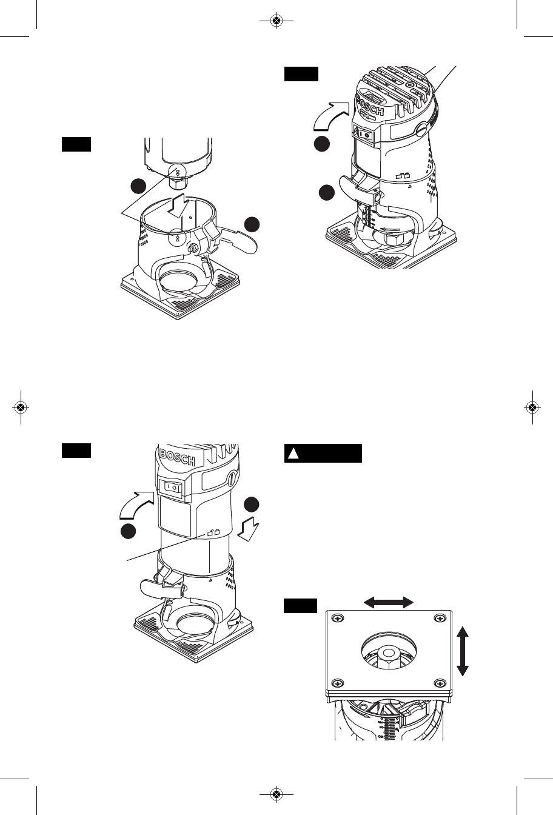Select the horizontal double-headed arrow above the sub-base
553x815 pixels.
click(388, 602)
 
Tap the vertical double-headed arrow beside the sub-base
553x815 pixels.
click(463, 652)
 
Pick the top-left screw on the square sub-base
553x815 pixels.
click(338, 618)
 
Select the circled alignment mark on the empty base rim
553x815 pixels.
click(177, 237)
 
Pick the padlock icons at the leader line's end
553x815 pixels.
click(212, 533)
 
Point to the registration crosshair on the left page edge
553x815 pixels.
click(21, 407)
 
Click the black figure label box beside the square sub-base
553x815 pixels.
click(300, 605)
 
